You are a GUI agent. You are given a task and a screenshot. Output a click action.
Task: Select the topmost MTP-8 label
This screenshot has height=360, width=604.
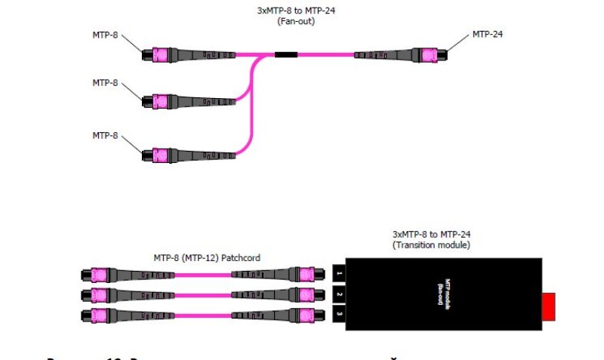point(106,35)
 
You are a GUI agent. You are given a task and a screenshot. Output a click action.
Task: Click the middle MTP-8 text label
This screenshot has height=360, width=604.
point(106,82)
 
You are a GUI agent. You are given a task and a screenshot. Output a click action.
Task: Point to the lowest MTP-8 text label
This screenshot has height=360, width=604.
point(106,135)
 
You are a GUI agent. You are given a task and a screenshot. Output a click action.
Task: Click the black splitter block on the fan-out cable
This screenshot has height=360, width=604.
point(285,54)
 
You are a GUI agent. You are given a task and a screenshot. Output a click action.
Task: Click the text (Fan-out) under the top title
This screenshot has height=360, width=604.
point(296,21)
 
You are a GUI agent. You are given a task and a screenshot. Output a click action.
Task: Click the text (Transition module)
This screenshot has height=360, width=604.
point(430,245)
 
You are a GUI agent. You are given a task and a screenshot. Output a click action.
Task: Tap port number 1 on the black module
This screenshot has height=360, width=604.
point(340,273)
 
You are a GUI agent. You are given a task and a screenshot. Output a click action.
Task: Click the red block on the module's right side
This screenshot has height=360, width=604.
point(550,306)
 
